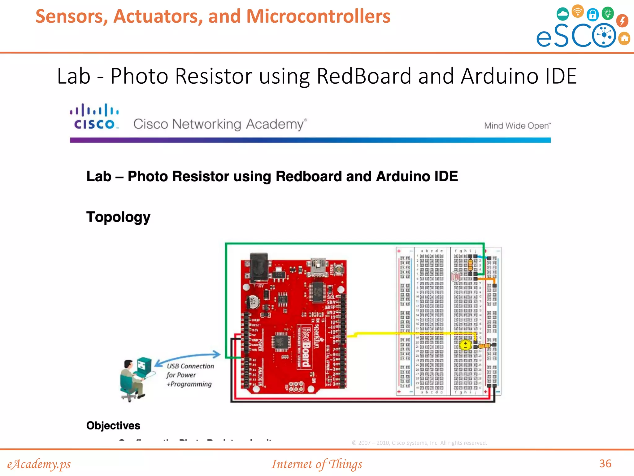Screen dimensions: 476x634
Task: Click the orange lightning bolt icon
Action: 622,20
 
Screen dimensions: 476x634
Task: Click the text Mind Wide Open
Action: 517,126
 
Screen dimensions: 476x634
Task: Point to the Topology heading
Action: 118,217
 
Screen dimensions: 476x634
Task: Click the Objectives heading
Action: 113,425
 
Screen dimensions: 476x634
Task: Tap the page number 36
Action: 605,464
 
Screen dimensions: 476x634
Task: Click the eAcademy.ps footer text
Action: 39,464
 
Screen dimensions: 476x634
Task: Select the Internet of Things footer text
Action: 317,464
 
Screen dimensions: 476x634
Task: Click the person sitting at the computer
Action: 132,380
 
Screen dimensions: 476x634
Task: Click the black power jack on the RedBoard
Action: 259,267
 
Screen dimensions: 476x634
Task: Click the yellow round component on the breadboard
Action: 465,345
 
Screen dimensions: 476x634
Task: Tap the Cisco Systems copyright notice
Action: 419,443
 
